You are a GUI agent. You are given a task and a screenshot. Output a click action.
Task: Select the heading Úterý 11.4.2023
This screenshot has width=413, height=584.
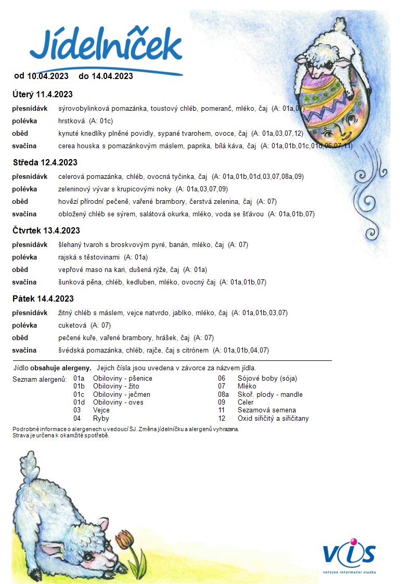43,95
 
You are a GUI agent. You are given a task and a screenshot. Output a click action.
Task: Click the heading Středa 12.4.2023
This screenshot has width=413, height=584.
45,163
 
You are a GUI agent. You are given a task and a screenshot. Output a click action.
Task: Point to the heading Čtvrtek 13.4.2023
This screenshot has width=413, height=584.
46,231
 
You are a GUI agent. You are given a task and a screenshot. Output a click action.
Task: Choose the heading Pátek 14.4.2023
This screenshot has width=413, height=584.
43,299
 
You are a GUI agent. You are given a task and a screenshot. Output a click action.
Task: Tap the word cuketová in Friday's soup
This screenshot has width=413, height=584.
72,325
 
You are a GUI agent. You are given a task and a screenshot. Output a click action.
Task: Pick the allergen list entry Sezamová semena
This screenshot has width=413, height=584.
259,410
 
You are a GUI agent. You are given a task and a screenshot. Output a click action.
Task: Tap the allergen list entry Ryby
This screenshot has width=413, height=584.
101,418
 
